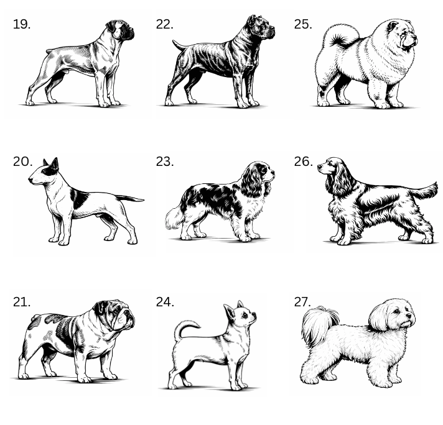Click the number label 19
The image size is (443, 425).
click(22, 25)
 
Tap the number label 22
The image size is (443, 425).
click(165, 25)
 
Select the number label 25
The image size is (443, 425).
click(303, 25)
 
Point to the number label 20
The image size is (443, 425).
click(22, 162)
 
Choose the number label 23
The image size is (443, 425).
click(165, 162)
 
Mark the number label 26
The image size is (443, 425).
click(304, 162)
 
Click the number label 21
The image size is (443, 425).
click(22, 302)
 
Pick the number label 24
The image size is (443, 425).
click(165, 302)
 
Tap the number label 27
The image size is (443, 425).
click(302, 302)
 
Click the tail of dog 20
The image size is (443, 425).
click(129, 198)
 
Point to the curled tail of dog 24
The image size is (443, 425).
click(184, 327)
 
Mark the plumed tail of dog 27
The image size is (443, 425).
click(319, 324)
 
